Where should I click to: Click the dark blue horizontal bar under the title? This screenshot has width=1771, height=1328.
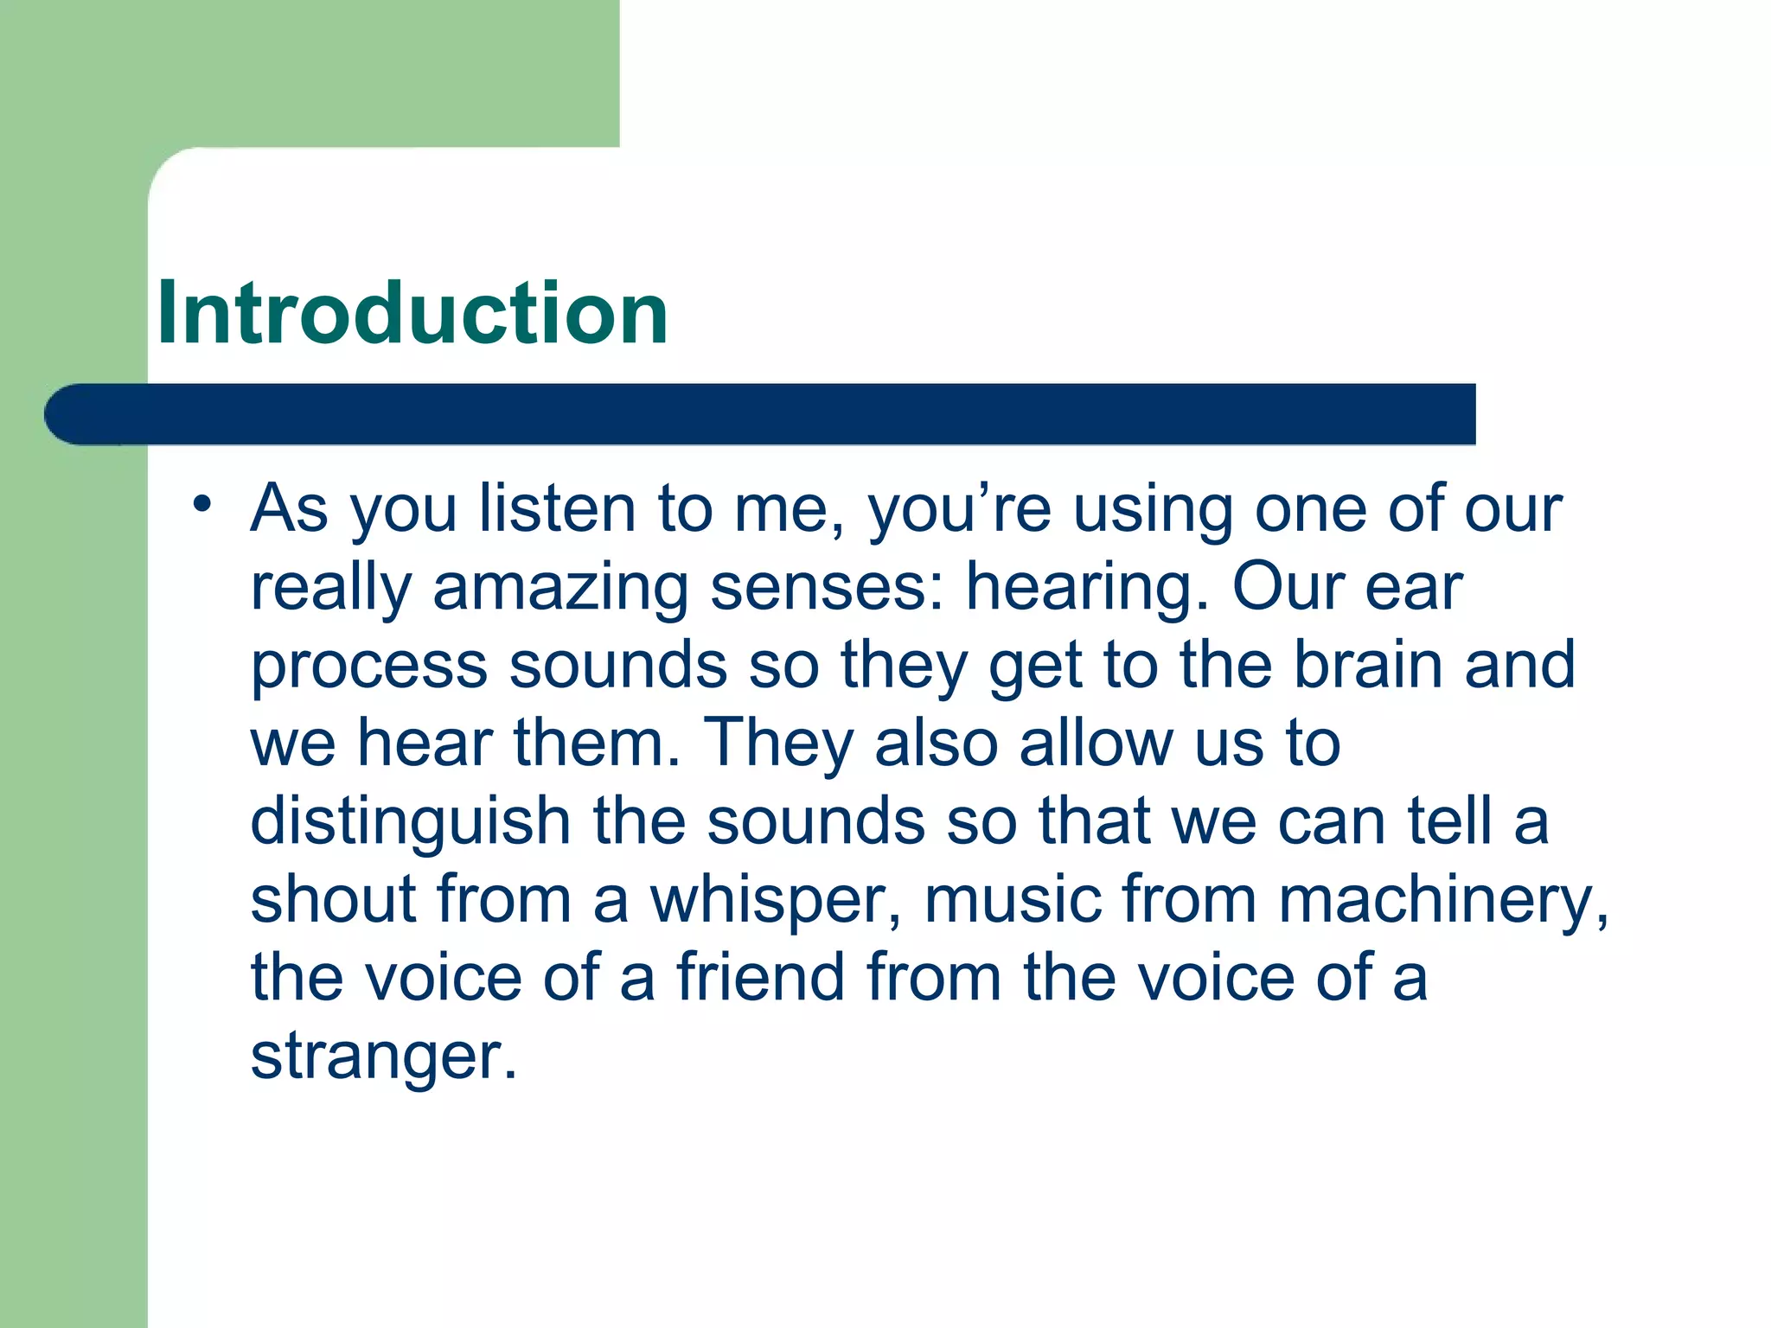coord(759,414)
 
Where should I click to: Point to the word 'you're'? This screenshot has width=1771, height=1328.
coord(960,510)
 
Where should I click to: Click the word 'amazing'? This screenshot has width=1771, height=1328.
coord(560,588)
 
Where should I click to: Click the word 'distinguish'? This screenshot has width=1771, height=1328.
coord(410,821)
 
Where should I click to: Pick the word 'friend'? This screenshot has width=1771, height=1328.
coord(760,977)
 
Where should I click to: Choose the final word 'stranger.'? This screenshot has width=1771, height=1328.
coord(383,1057)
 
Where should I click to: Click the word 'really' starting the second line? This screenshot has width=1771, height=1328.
coord(330,588)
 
